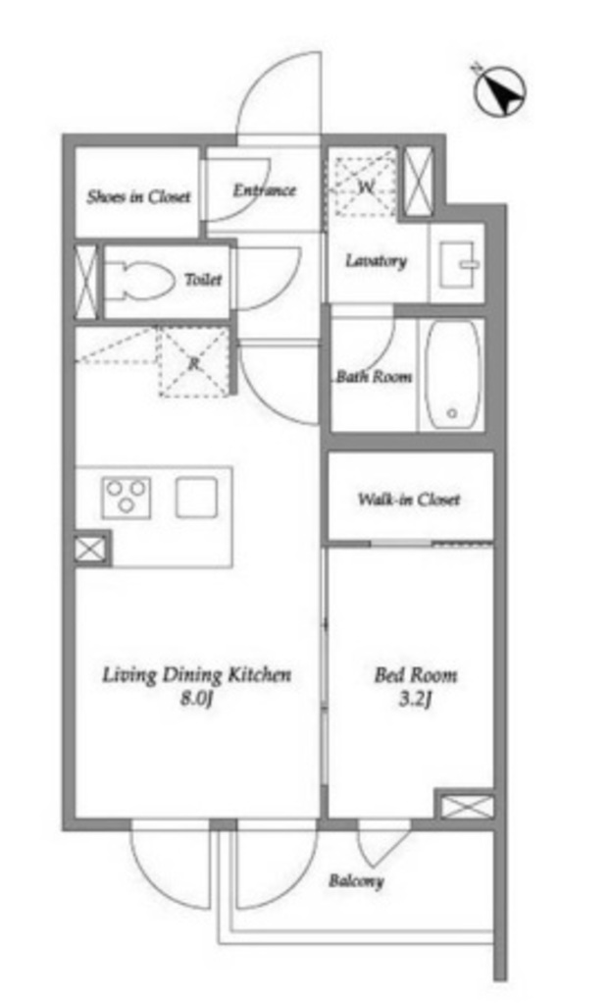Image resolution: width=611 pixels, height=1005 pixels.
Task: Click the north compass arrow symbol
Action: coord(499,92)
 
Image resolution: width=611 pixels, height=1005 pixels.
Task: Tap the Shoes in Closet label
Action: coord(139,196)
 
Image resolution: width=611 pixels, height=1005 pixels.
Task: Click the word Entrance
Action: coord(264,190)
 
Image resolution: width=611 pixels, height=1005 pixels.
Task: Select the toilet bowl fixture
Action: coord(140,280)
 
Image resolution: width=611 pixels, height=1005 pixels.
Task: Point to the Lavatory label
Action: coord(376,261)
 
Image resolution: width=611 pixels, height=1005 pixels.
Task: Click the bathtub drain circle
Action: coord(451,413)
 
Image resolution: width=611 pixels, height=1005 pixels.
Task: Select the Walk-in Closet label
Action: coord(409,500)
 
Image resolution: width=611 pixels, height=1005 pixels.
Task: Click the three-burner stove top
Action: coord(127,498)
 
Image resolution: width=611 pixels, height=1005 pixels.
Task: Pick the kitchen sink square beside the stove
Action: coord(196,498)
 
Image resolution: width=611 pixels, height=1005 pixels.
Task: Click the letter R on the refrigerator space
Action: coord(193,364)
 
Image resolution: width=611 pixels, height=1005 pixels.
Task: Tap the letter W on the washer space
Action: coord(365,187)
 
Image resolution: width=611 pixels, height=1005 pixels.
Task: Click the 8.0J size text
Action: coord(196,698)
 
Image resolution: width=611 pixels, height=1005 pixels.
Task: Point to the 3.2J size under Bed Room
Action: coord(415,698)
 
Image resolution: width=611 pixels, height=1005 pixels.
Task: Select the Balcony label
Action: coord(356,880)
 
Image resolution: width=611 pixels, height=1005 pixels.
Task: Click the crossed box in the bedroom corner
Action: coord(467,806)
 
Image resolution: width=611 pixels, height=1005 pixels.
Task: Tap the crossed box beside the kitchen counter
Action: coord(90,550)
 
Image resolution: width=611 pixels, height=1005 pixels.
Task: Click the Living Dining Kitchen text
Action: coord(196,675)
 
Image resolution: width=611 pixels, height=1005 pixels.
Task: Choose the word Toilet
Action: coord(203,280)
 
